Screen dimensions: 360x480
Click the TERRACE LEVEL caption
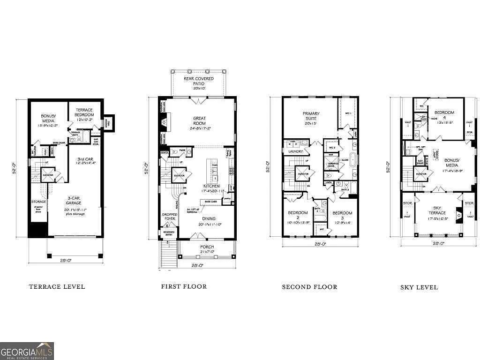[57, 286]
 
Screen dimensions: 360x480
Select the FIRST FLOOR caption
[184, 286]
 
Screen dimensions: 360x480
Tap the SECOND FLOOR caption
[309, 286]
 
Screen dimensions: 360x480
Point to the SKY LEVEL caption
[419, 287]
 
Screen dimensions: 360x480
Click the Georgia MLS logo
[27, 351]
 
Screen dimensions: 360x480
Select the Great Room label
[200, 121]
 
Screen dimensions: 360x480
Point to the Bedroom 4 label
[444, 115]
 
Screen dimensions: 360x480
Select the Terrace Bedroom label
[84, 112]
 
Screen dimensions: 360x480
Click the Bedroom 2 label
[298, 216]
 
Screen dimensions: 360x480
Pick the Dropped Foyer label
[169, 217]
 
